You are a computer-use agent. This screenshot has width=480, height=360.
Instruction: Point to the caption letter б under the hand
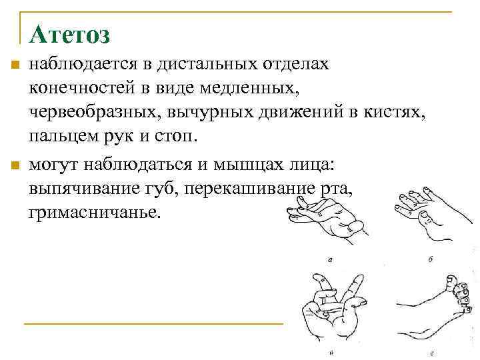430,259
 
